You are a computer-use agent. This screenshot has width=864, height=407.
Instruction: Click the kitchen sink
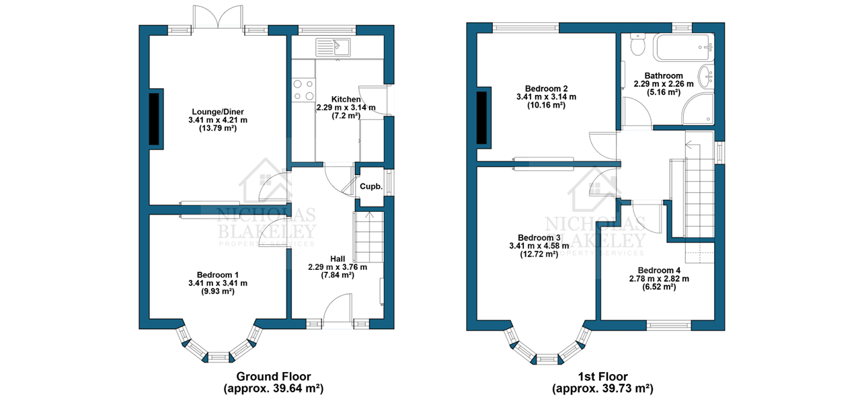[x=333, y=47]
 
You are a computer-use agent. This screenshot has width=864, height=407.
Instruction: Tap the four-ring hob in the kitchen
[x=303, y=90]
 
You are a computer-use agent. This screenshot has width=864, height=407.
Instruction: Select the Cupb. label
[x=371, y=187]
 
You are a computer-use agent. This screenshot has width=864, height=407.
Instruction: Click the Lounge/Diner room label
[x=218, y=112]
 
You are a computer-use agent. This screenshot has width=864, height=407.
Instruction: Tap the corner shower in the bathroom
[x=698, y=108]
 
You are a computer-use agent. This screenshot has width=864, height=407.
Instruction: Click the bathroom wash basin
[x=706, y=77]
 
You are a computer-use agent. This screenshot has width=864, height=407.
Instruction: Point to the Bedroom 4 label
[x=659, y=270]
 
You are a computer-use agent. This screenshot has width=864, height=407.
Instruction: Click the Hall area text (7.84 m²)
[x=338, y=275]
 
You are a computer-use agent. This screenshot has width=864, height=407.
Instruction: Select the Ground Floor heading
[x=274, y=376]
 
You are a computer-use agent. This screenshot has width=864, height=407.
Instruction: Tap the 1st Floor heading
[x=603, y=376]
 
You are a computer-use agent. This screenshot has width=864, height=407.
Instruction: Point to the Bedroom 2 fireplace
[x=482, y=118]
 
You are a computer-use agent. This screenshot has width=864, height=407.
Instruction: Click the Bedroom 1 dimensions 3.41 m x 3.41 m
[x=218, y=283]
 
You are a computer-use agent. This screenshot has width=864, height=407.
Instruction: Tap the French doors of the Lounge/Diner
[x=219, y=17]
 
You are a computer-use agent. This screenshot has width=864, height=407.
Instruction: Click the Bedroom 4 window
[x=669, y=325]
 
